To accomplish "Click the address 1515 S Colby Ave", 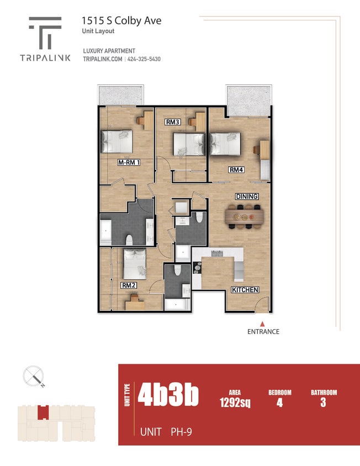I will tap(121, 20).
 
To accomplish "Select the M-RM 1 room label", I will tap(129, 163).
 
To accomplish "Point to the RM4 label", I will tap(236, 170).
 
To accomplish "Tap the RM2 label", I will tap(129, 285).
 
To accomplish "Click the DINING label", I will tap(247, 197).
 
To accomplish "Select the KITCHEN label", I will tap(245, 290).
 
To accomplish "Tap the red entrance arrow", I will tap(263, 324).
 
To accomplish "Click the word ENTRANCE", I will tap(263, 332).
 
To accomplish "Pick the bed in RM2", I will tap(134, 263).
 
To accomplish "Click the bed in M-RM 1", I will tap(117, 141).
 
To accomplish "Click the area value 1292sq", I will tap(235, 403).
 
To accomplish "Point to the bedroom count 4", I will tap(279, 403).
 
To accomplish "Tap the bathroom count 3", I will tap(323, 403).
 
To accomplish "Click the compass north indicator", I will tap(34, 377).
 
